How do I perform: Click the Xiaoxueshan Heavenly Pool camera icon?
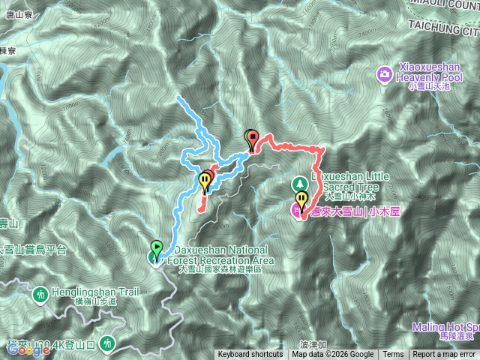pos(384,73)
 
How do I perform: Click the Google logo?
pos(25,350)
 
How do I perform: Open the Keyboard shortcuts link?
pos(250,355)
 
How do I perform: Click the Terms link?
pos(393,355)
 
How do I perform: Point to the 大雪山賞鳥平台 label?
pos(34,250)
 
